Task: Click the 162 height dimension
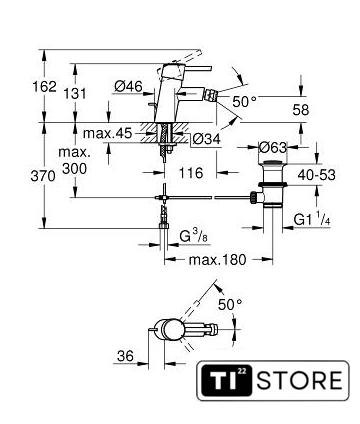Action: tap(44, 87)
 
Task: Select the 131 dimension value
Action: tap(75, 94)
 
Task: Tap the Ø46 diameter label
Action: tap(128, 87)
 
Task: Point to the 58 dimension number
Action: tap(301, 110)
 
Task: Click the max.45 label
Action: tap(108, 134)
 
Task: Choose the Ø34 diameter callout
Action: tap(207, 139)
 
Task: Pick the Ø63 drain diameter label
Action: tap(273, 147)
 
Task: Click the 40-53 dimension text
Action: tap(317, 175)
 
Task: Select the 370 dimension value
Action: tap(43, 176)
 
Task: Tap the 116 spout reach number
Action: tap(191, 173)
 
